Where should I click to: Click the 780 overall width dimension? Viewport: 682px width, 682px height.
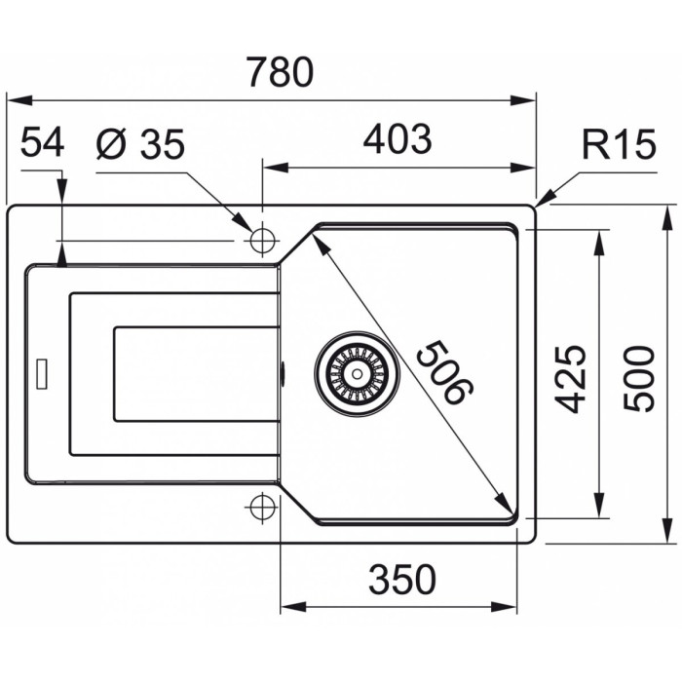pos(280,72)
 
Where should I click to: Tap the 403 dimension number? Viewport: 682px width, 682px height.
pos(398,139)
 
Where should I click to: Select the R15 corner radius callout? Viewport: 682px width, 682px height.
pos(619,144)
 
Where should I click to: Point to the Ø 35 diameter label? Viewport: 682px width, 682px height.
pos(140,143)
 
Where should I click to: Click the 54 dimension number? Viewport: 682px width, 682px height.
pos(42,142)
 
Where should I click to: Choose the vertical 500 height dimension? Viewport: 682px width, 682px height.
pos(638,378)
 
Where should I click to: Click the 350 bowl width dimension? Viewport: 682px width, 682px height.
pos(401,580)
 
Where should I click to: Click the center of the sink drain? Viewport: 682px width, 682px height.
pos(358,373)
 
